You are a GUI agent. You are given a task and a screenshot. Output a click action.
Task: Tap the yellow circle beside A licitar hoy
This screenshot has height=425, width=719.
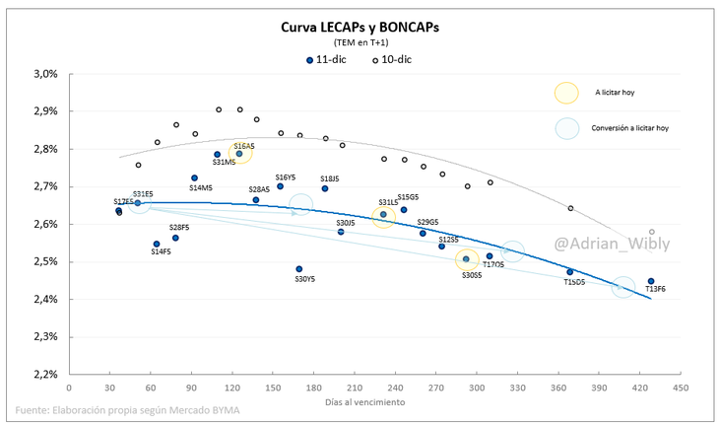pos(566,93)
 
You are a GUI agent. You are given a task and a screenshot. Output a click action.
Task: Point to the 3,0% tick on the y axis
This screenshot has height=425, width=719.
pos(46,74)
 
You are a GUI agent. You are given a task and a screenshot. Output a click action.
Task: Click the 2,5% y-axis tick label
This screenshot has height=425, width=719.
pos(46,262)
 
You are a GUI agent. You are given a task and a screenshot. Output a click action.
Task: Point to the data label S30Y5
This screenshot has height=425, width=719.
pos(304,279)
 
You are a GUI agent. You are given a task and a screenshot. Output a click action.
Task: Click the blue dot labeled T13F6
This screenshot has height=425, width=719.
pos(650,281)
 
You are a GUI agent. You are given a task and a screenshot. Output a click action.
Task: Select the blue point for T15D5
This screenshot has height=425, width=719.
pos(570,272)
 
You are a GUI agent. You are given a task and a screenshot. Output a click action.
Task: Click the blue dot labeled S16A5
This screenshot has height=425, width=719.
pos(239,153)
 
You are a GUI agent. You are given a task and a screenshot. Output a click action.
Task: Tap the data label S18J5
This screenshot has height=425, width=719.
pos(330,178)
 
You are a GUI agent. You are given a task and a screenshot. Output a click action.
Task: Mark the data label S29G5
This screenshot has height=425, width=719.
pos(427,222)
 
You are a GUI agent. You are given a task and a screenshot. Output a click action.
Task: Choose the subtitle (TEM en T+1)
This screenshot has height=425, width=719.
pos(359,43)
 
